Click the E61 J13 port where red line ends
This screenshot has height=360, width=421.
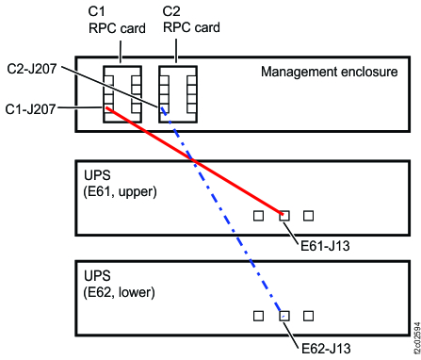(x=284, y=216)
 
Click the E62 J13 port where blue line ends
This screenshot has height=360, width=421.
(x=284, y=315)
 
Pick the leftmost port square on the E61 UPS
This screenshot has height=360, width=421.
(x=259, y=216)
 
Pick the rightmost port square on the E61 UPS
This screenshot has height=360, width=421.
(x=308, y=216)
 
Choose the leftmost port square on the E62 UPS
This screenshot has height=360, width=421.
(x=259, y=315)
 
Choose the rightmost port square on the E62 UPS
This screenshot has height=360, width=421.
(x=308, y=315)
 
